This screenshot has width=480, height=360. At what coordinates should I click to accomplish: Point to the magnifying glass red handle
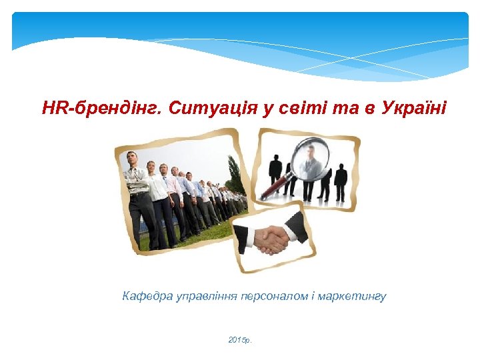[x=275, y=187]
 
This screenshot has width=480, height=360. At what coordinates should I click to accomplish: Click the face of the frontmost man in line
[x=133, y=160]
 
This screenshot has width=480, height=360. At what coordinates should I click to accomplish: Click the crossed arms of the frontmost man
[x=136, y=181]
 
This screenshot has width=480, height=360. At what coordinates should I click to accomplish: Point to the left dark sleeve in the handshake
[x=245, y=237]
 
